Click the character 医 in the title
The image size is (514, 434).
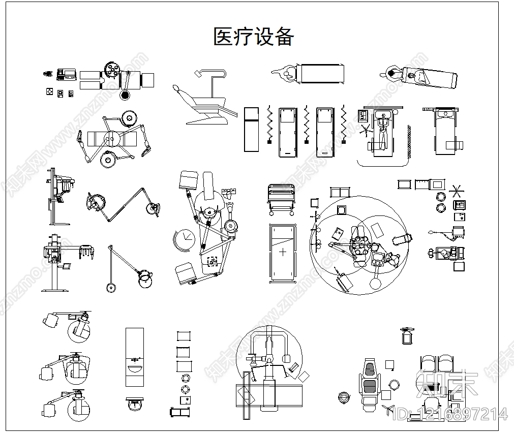tap(223, 37)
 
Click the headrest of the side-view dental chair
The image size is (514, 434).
tap(176, 88)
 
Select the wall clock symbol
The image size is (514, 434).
tap(184, 240)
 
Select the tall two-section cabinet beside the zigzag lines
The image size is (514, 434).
tap(252, 129)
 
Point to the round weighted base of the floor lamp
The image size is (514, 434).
tap(111, 287)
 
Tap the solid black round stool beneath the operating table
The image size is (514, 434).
tap(125, 95)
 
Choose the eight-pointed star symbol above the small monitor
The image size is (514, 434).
tap(457, 192)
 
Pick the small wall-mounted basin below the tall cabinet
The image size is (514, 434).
tap(134, 404)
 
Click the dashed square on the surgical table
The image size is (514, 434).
tap(212, 261)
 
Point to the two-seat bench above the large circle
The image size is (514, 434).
tap(340, 192)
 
